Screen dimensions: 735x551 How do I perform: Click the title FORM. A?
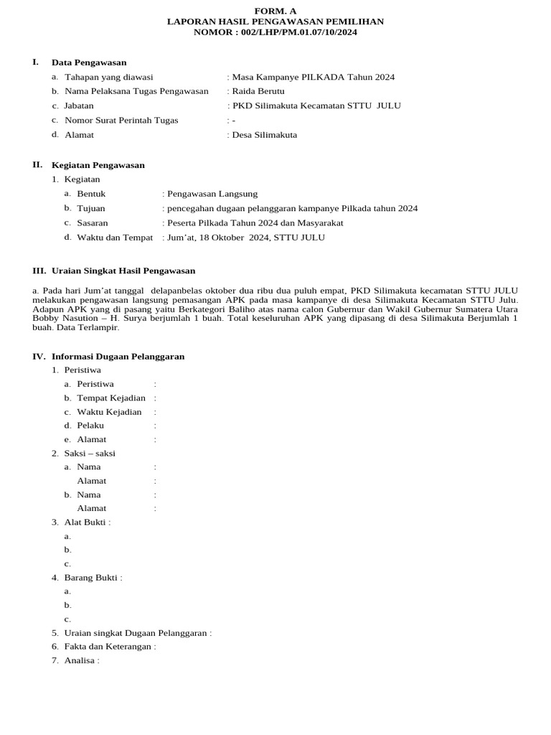275,11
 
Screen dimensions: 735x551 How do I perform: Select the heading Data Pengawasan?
89,62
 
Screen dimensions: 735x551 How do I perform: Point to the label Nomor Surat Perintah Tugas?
121,120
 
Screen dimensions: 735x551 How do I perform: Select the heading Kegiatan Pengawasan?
98,165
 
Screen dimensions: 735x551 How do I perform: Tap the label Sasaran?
93,223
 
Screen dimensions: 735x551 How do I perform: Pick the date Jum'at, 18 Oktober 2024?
216,238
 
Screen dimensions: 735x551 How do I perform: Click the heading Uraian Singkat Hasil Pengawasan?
123,271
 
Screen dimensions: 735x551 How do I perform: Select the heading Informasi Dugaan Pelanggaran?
118,356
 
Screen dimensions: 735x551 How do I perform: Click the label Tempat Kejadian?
111,398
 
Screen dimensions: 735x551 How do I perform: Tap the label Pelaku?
91,426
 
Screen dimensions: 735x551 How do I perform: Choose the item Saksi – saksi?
90,453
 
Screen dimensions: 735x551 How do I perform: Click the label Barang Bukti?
92,577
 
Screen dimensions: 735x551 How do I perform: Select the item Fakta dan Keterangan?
108,646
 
